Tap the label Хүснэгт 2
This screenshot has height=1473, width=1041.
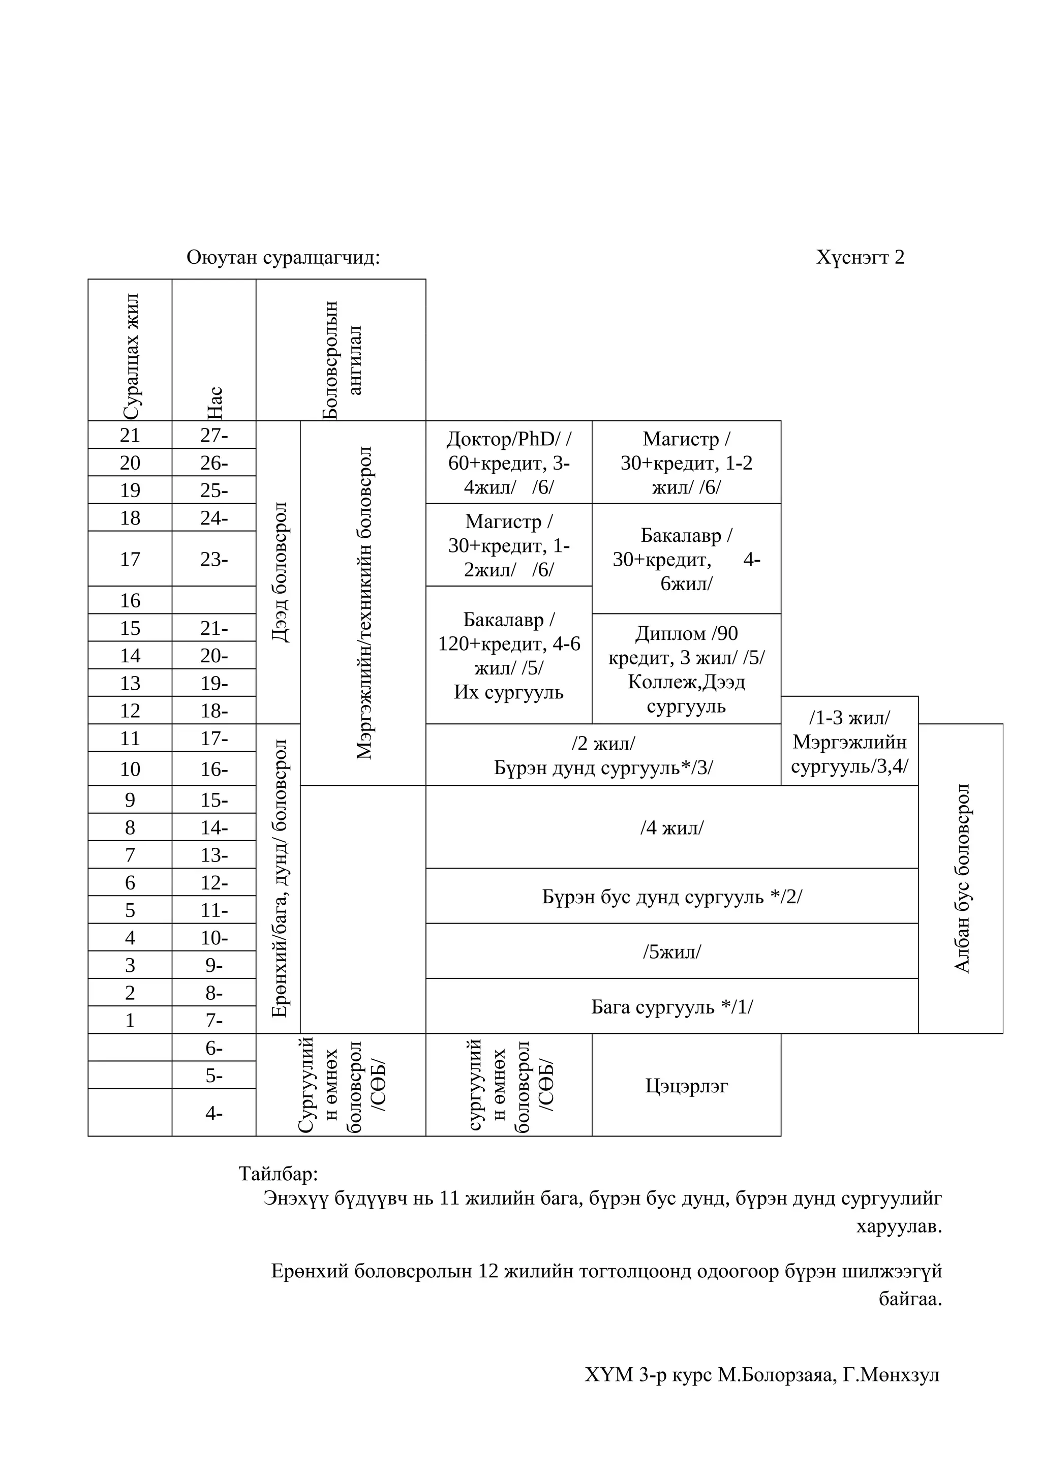pyautogui.click(x=860, y=257)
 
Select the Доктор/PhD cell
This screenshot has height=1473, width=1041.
pyautogui.click(x=509, y=463)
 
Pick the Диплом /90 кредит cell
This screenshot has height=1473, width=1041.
pyautogui.click(x=686, y=669)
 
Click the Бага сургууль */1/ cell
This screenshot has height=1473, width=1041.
pyautogui.click(x=671, y=1006)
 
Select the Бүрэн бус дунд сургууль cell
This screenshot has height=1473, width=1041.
pyautogui.click(x=671, y=896)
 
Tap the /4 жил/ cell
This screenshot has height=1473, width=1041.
pyautogui.click(x=671, y=827)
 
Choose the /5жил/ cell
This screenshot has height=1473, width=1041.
pyautogui.click(x=671, y=952)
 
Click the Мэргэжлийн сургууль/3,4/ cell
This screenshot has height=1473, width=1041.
pyautogui.click(x=849, y=742)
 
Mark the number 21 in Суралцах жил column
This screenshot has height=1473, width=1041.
pyautogui.click(x=130, y=435)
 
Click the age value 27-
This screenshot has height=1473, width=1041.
pyautogui.click(x=214, y=435)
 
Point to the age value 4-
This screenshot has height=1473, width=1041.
pyautogui.click(x=214, y=1113)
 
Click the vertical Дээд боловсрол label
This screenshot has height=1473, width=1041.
pyautogui.click(x=280, y=572)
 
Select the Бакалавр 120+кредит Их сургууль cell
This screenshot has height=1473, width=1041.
pyautogui.click(x=509, y=656)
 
